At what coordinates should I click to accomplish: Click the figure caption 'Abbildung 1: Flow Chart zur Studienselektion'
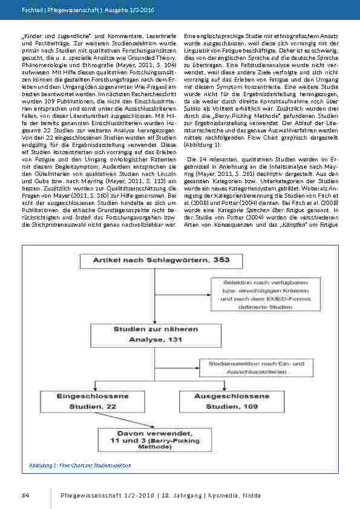[80, 465]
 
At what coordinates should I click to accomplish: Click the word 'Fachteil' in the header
[32, 6]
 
